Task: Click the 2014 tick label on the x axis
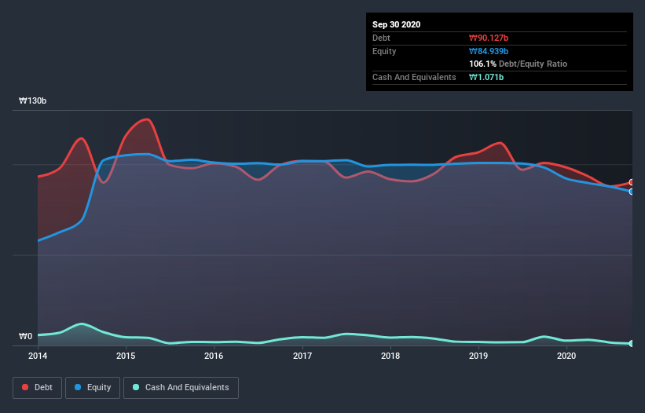pos(38,356)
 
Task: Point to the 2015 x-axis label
pos(126,356)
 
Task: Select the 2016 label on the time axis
pos(214,356)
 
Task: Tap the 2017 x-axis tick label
pos(302,356)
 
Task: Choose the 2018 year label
pos(390,356)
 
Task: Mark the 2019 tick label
pos(478,356)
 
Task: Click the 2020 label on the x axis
pos(566,356)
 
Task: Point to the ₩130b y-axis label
pos(33,101)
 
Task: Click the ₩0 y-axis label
pos(26,337)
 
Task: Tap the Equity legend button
pos(93,387)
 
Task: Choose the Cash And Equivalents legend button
pos(181,387)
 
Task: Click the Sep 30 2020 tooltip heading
pos(397,24)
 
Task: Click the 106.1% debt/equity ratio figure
pos(483,64)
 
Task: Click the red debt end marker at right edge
pos(632,182)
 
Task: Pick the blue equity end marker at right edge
pos(632,192)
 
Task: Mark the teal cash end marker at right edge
pos(632,344)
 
